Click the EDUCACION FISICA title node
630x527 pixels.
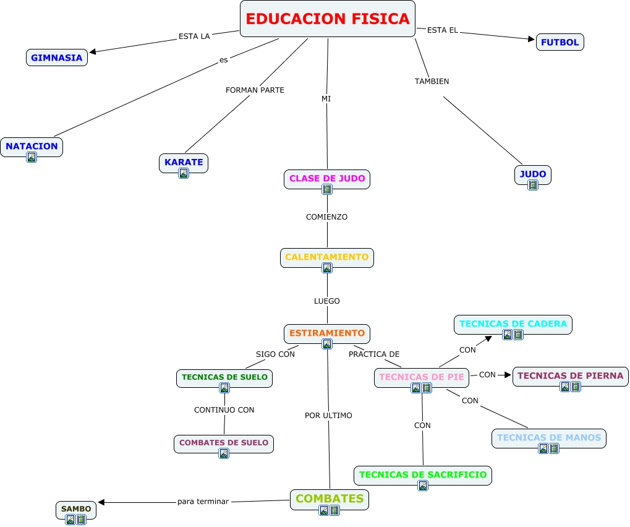[327, 19]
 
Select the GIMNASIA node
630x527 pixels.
[57, 58]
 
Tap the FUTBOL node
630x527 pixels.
[560, 42]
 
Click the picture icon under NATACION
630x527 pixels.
[32, 157]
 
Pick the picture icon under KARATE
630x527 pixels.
[184, 173]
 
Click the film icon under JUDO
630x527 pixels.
[533, 185]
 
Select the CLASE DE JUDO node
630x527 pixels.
[327, 178]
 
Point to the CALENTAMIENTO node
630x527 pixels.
[327, 257]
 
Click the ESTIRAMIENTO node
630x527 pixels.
[327, 333]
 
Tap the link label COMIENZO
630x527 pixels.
[327, 217]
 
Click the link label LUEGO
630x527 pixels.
[327, 301]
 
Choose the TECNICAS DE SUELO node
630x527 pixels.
[224, 377]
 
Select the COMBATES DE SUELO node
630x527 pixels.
[224, 443]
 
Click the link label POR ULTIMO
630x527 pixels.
[328, 416]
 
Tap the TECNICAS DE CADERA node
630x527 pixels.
[513, 323]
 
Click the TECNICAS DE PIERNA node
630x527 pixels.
[570, 375]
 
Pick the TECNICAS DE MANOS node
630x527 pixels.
[549, 437]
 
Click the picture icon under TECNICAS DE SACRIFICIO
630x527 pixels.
[423, 486]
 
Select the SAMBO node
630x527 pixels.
[77, 509]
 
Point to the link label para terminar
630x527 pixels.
[203, 502]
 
